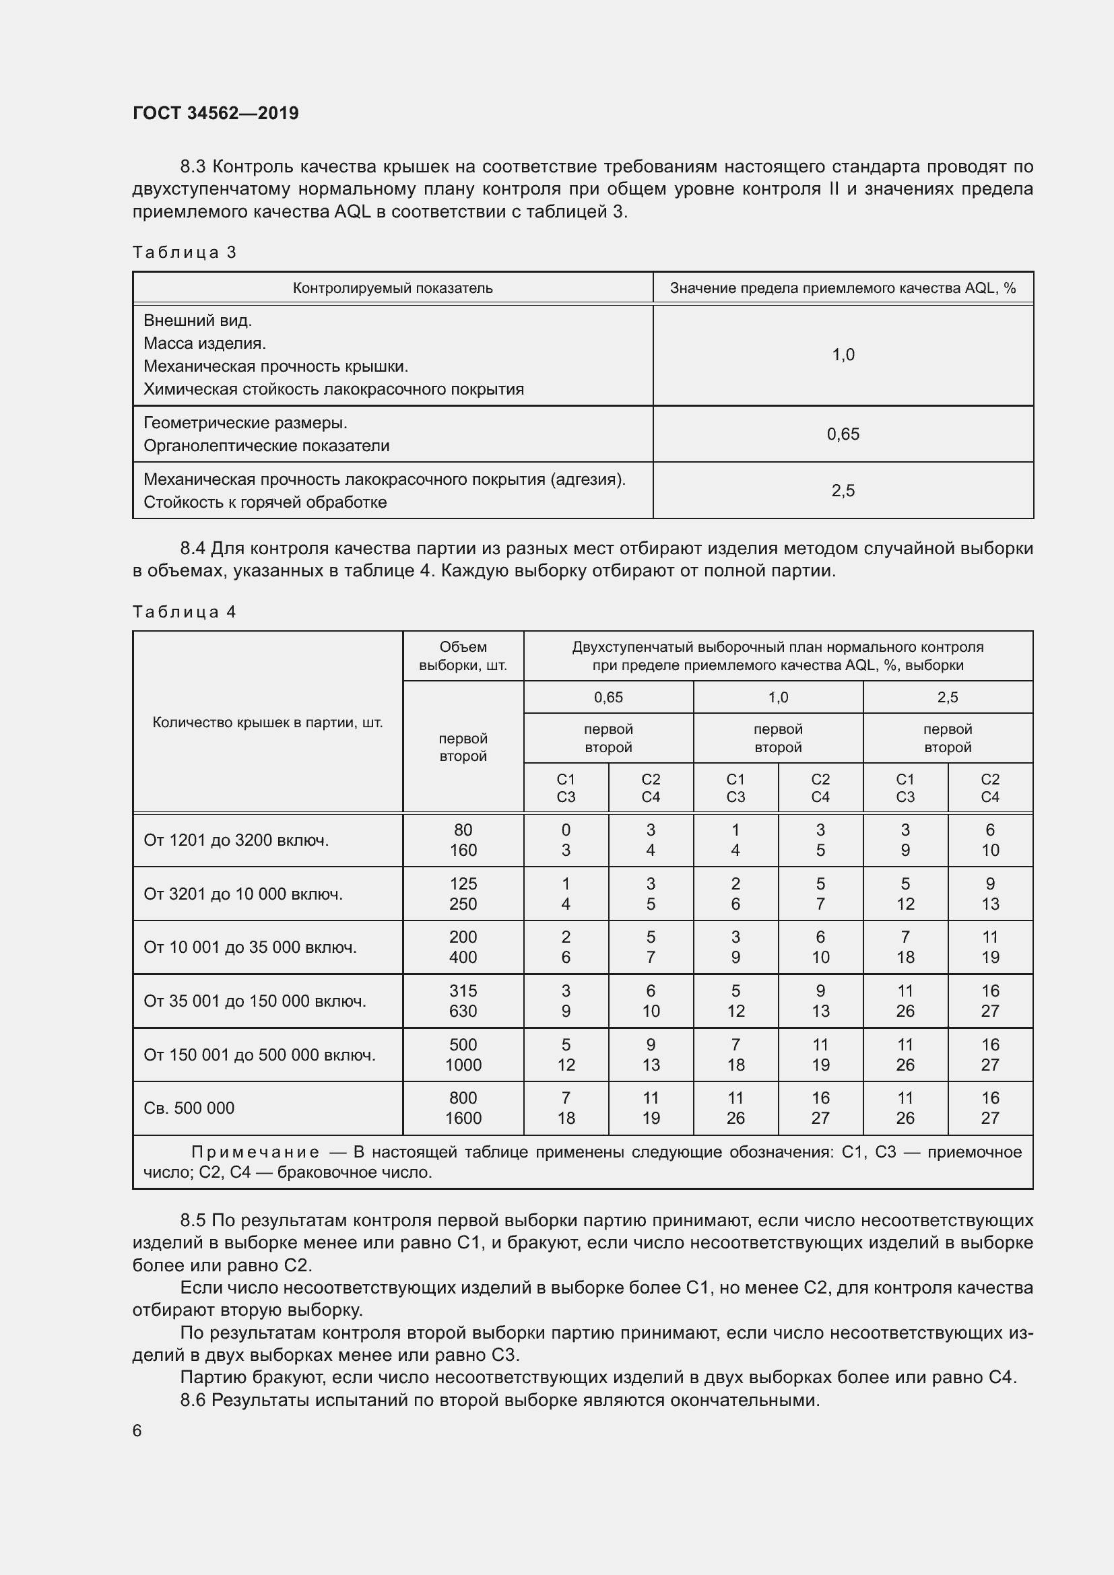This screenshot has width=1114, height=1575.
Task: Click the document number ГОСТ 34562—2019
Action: coord(216,113)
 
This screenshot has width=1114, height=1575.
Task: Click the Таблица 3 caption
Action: coord(184,253)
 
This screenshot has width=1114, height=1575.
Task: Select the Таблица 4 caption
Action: coord(184,612)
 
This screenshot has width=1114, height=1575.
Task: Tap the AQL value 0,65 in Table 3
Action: coord(843,434)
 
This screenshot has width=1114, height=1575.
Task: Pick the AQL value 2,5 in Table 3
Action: coord(843,490)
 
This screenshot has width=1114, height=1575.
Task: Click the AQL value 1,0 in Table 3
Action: coord(843,355)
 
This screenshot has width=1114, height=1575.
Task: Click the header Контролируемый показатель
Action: coord(393,288)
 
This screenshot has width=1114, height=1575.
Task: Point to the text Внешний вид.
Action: coord(197,321)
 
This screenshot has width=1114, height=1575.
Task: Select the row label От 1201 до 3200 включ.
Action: coord(236,840)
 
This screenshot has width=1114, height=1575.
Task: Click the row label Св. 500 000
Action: coord(189,1108)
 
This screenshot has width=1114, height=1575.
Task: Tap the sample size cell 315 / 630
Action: coord(463,1001)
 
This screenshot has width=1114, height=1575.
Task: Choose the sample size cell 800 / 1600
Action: coord(463,1108)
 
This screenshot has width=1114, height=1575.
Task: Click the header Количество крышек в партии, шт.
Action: coord(267,723)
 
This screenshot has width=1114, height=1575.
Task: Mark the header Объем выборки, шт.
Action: coord(463,656)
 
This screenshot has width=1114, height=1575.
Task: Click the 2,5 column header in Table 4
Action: coord(948,698)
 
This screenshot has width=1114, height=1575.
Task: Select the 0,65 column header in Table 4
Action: coord(608,698)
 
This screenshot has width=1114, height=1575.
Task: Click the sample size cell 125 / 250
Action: coord(463,894)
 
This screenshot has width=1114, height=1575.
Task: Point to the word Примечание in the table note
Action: coord(255,1152)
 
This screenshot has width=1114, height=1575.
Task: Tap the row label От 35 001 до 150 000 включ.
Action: coord(255,1001)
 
